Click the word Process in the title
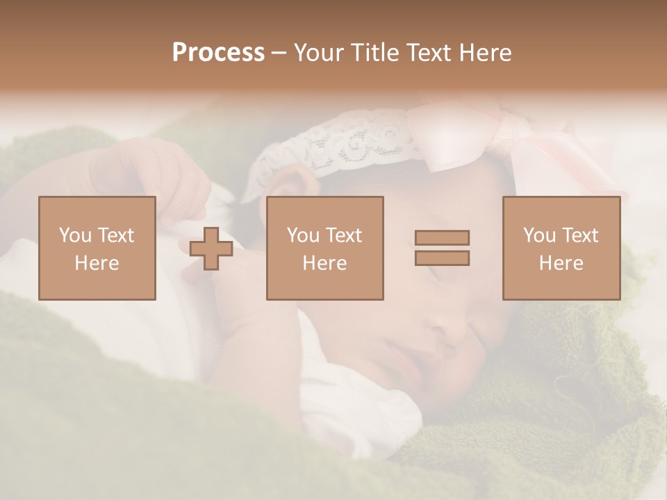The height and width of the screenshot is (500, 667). tap(218, 53)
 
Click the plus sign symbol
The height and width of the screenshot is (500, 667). tap(211, 249)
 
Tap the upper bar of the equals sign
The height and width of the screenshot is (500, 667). tap(442, 237)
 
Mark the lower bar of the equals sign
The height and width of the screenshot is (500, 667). tap(442, 258)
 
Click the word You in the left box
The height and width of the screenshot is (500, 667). tap(74, 235)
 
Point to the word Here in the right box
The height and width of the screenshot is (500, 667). tap(561, 263)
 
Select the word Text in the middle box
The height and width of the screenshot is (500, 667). tap(343, 235)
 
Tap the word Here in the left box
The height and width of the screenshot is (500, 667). tap(97, 263)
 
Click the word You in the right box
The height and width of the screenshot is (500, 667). tap(538, 235)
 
